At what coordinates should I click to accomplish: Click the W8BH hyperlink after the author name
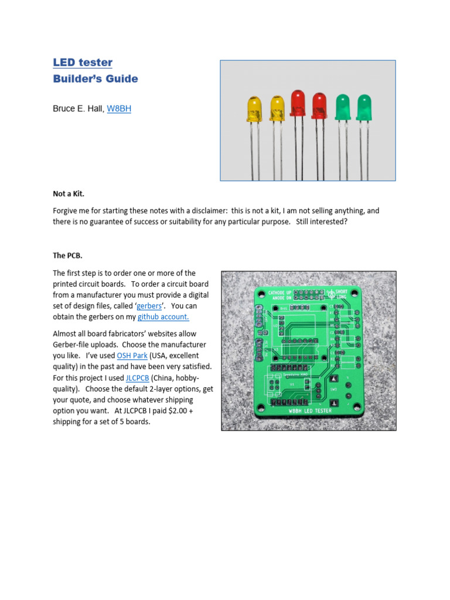pyautogui.click(x=119, y=108)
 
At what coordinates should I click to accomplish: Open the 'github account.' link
pyautogui.click(x=163, y=317)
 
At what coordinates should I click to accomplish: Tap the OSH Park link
pyautogui.click(x=132, y=356)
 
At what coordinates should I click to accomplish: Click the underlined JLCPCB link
pyautogui.click(x=137, y=378)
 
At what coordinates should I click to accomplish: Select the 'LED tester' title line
pyautogui.click(x=83, y=63)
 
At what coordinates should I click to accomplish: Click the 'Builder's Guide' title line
pyautogui.click(x=96, y=79)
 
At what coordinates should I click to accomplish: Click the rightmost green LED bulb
pyautogui.click(x=364, y=107)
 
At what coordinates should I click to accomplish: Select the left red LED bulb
pyautogui.click(x=298, y=103)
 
